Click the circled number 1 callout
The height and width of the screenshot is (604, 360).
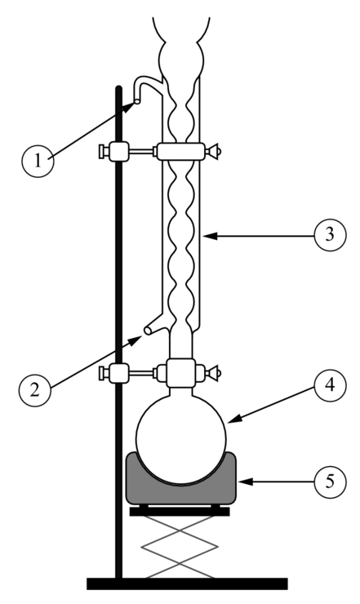click(x=38, y=161)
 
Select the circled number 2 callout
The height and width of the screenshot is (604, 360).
click(x=34, y=390)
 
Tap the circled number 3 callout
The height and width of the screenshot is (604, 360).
click(x=330, y=234)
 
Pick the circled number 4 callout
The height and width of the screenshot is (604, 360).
click(x=330, y=385)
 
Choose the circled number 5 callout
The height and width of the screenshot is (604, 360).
click(x=330, y=482)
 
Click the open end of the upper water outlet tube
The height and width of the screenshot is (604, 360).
click(x=137, y=102)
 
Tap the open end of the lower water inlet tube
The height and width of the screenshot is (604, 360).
click(x=147, y=330)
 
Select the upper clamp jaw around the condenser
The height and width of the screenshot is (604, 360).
click(x=180, y=151)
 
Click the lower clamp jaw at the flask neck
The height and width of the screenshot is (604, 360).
click(x=180, y=373)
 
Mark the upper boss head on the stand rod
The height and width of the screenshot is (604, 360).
click(x=118, y=151)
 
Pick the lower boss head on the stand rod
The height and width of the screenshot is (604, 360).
click(x=118, y=373)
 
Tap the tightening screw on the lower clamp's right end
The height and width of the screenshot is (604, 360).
click(x=213, y=373)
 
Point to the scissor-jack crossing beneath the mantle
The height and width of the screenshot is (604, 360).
click(x=180, y=531)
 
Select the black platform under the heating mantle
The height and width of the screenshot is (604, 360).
click(x=180, y=511)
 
